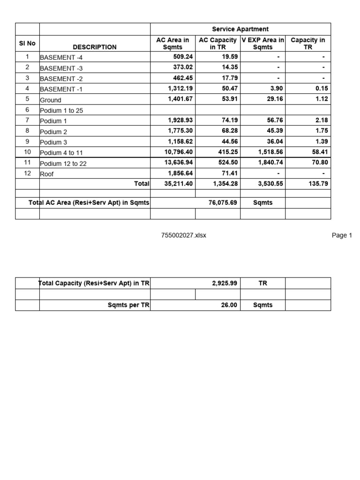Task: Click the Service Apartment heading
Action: coord(240,29)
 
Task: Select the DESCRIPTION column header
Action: coord(95,47)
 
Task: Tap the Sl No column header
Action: coord(27,43)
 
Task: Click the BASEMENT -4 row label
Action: coord(61,58)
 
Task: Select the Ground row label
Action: coord(51,100)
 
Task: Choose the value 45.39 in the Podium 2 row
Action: coord(275,131)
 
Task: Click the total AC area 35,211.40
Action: coord(177,184)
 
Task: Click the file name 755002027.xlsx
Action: coord(183,235)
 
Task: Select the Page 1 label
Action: coord(342,235)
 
